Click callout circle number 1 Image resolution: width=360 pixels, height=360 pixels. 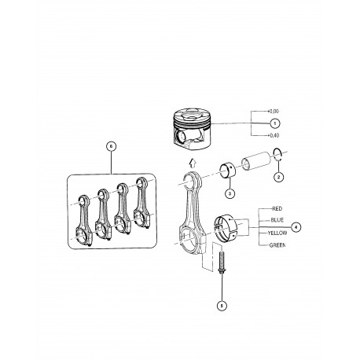274,123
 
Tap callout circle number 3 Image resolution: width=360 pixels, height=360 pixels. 230,193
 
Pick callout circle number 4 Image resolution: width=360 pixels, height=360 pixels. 295,226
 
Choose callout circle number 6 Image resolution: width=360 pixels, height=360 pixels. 112,146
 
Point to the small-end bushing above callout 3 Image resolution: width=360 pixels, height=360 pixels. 230,170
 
